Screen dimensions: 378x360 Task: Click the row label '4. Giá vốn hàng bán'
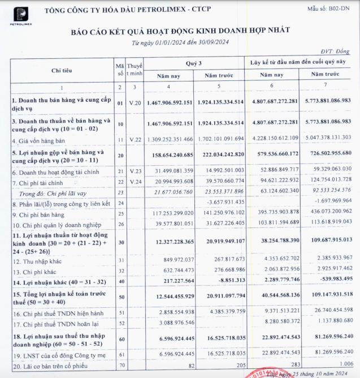click(x=37, y=138)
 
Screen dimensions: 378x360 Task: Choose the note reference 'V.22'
click(x=133, y=138)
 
